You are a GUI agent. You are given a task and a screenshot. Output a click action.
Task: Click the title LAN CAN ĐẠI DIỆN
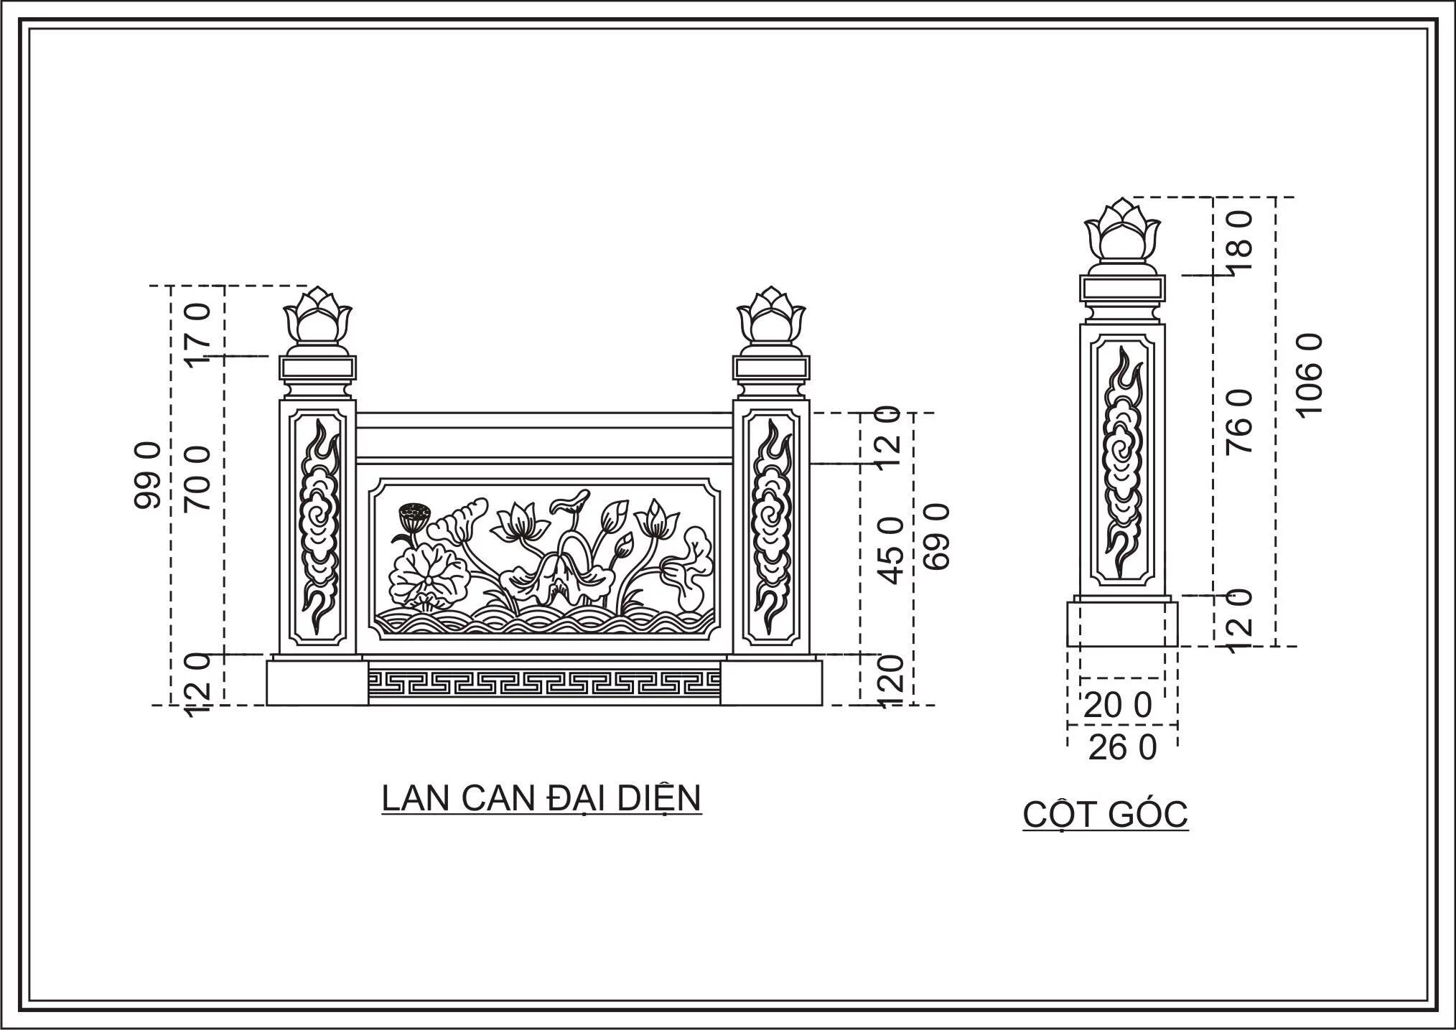[541, 798]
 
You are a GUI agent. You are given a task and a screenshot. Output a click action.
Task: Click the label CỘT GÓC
[1106, 814]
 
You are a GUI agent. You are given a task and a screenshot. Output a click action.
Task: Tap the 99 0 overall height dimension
[148, 476]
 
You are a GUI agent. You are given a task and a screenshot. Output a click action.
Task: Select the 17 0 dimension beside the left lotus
[198, 333]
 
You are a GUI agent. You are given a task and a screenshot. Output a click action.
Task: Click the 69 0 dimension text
[936, 536]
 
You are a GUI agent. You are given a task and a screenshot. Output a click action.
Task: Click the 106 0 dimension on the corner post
[1310, 374]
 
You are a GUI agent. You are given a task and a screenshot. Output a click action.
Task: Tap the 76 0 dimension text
[1240, 421]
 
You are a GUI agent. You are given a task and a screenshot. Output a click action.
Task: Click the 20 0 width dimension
[1117, 706]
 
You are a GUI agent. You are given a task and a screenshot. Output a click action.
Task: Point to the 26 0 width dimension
[1123, 749]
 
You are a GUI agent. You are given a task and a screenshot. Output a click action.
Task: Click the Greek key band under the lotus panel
[543, 682]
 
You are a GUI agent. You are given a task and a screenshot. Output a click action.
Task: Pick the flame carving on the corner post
[1122, 460]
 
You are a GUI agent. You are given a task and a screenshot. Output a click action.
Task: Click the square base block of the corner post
[1122, 624]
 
